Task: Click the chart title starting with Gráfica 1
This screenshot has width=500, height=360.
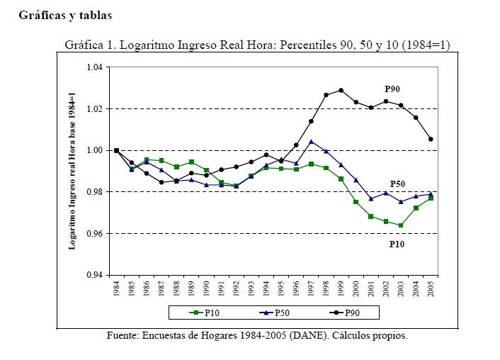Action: [257, 45]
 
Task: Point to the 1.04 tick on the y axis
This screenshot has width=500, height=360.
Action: [94, 67]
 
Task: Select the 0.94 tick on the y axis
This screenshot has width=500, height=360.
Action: [94, 275]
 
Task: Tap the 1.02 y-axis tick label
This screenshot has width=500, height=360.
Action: [94, 108]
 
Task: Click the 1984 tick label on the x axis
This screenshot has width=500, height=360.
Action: [116, 288]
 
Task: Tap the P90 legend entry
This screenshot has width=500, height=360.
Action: [346, 313]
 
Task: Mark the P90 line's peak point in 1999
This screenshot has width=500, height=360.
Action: [341, 90]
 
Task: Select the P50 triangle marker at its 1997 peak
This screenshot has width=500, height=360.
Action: [311, 141]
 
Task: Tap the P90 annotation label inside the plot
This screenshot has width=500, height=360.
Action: [394, 89]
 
